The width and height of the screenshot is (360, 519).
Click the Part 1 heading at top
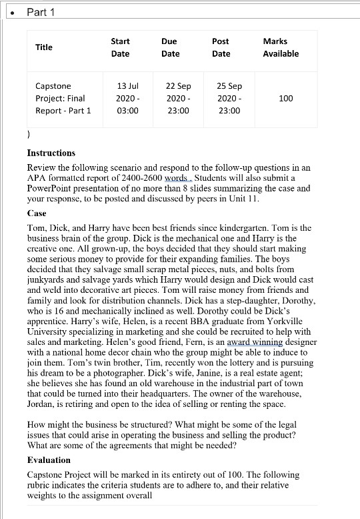coord(41,12)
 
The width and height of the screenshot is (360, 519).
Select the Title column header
coord(44,47)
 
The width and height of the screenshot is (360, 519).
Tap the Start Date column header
coord(120,47)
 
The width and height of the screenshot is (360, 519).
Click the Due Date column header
coord(170,47)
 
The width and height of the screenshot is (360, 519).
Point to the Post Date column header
coord(221,47)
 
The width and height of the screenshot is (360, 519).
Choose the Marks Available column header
coord(281,47)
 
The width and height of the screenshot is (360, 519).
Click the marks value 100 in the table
coord(286,98)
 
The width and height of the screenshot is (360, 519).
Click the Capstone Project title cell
coord(63,98)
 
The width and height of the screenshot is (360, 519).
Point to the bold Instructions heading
coord(51,153)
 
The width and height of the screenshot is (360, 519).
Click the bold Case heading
coord(37,213)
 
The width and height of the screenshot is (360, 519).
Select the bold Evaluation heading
coord(49,460)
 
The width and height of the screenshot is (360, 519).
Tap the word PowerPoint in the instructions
coord(50,188)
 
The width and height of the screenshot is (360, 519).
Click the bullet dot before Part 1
coord(9,12)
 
